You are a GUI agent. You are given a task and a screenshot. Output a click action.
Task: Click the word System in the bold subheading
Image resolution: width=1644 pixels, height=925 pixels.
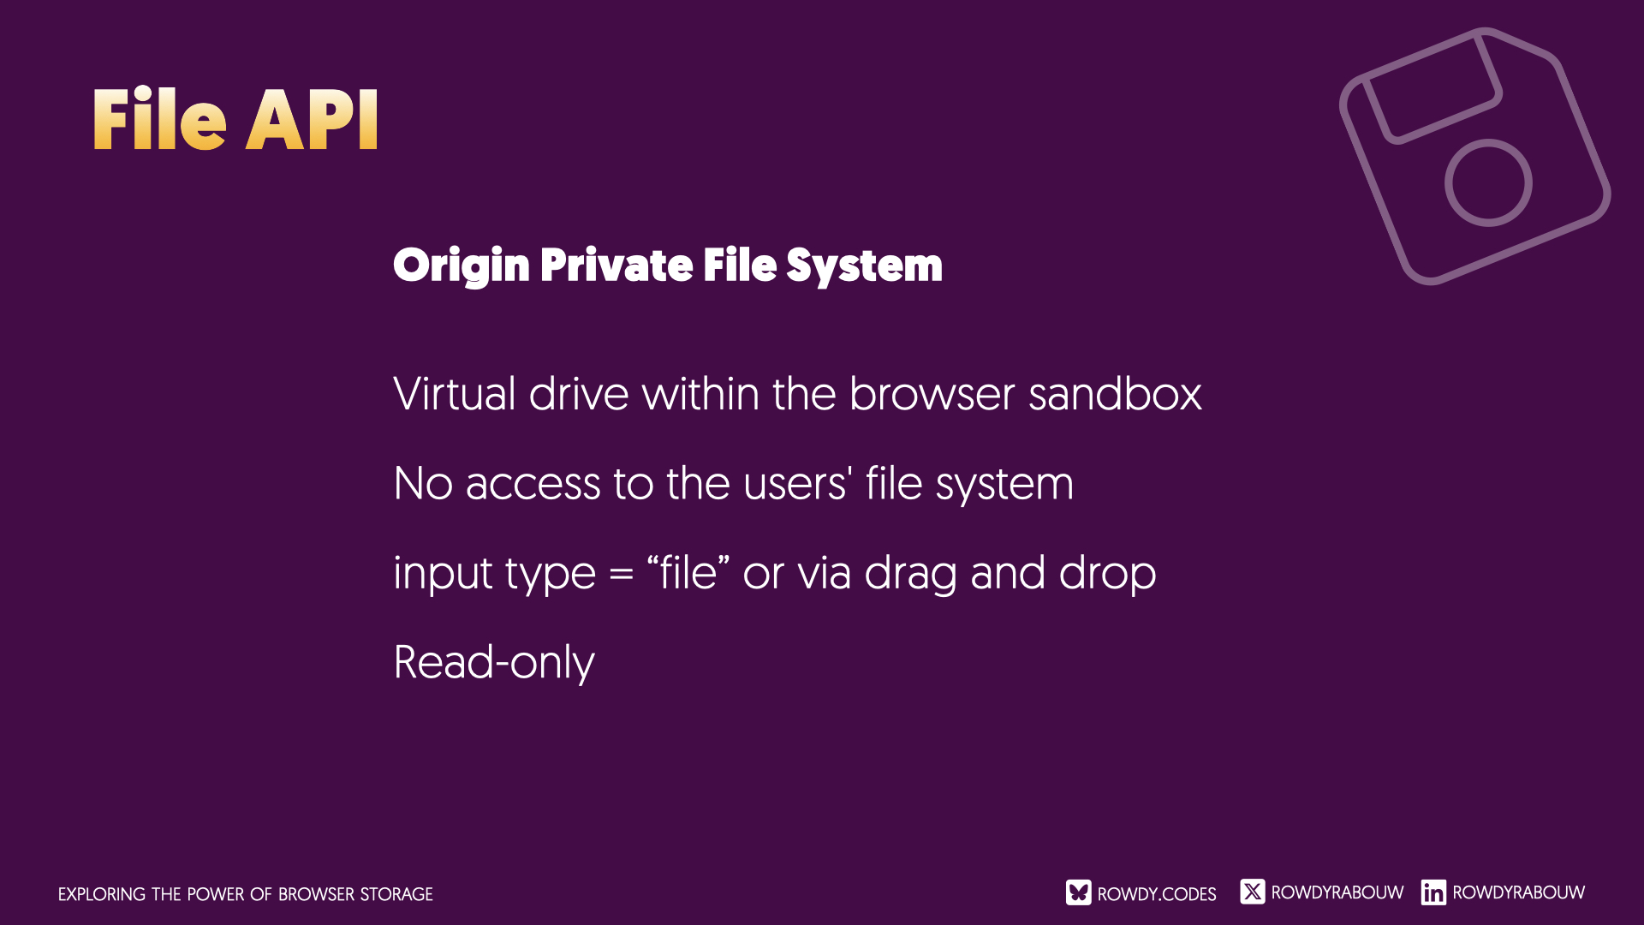(x=864, y=266)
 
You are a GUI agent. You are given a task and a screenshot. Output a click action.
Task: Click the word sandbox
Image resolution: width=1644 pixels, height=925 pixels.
(x=1115, y=394)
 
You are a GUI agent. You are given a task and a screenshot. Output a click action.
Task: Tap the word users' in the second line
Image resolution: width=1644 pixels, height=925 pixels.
(x=797, y=483)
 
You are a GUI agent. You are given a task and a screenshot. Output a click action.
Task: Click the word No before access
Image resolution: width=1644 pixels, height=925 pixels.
(x=423, y=484)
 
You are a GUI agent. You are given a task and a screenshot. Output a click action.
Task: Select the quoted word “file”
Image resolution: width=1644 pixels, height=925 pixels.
(x=688, y=572)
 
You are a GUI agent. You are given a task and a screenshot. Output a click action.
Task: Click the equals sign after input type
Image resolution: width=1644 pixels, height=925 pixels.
(x=621, y=575)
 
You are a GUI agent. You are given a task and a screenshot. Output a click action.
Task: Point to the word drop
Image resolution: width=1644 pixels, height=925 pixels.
(x=1107, y=574)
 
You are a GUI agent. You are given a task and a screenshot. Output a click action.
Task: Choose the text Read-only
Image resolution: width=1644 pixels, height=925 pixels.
(x=494, y=663)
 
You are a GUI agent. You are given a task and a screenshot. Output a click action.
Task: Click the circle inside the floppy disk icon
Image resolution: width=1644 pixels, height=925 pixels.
(x=1488, y=182)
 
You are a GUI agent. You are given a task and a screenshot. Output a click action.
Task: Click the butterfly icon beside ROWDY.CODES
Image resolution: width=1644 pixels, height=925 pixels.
(x=1079, y=892)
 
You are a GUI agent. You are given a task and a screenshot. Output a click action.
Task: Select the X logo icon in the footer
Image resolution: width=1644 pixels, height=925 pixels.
(x=1252, y=892)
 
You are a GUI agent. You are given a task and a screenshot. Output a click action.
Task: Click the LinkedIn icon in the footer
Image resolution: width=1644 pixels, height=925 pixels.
(x=1433, y=892)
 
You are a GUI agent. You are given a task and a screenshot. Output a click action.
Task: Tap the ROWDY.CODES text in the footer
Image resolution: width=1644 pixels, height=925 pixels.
(x=1157, y=894)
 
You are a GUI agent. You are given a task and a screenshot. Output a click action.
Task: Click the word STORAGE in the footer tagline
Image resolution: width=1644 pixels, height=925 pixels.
(x=396, y=894)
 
